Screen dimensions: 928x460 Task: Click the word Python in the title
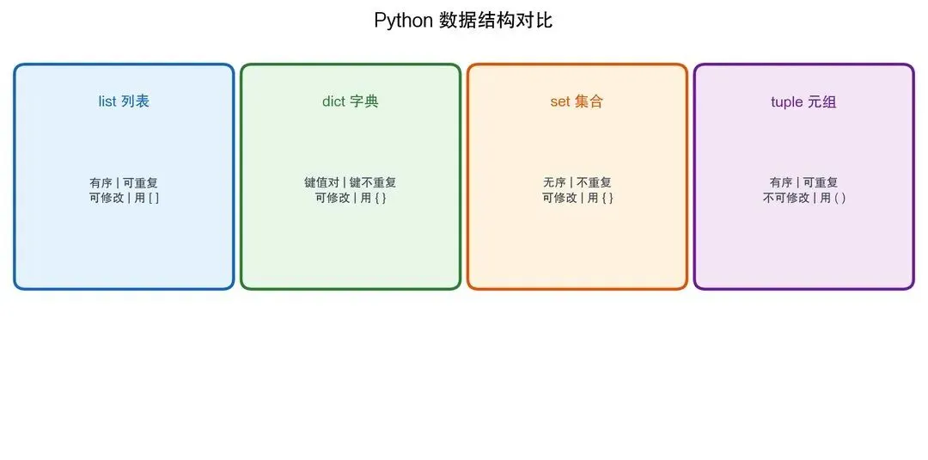[403, 21]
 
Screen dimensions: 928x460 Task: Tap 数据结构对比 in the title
[496, 21]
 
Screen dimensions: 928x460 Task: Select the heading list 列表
[124, 101]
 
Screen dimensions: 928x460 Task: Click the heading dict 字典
[351, 101]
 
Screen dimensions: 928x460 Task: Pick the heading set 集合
[577, 101]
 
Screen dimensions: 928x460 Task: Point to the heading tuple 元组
[803, 102]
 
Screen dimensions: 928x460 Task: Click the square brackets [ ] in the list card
[154, 198]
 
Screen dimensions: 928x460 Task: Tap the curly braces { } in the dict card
[380, 198]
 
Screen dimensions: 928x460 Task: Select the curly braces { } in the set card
[607, 198]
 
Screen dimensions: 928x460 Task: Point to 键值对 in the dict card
[322, 182]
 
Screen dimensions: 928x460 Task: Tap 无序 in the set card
[554, 182]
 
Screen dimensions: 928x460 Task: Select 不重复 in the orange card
[594, 182]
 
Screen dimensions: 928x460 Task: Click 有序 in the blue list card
[101, 182]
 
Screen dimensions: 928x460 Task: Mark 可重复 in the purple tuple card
[821, 182]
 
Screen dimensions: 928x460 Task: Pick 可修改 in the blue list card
[107, 198]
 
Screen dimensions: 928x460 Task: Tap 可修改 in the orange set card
[559, 198]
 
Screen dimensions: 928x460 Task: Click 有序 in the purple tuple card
[781, 182]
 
